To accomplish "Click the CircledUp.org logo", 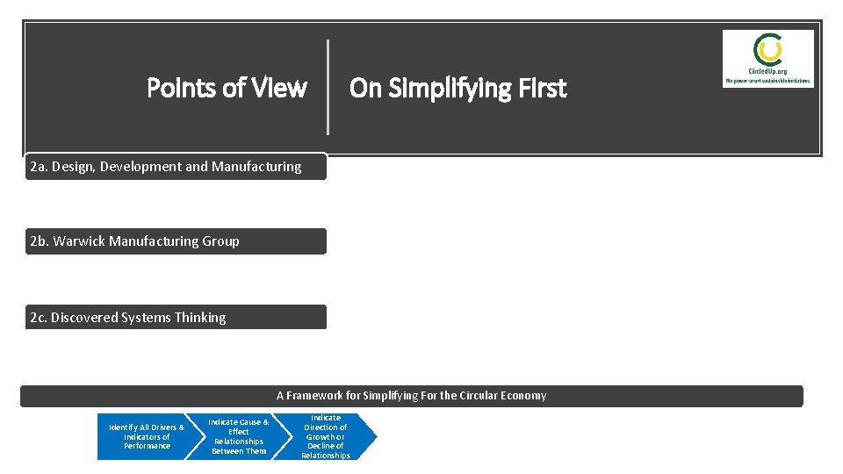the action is pos(767,58).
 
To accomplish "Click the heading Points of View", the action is pos(227,88).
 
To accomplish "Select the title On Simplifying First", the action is pos(458,88).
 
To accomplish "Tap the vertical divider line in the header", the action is pos(328,87).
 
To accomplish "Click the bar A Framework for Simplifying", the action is pos(411,396).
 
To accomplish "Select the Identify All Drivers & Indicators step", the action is pos(146,436).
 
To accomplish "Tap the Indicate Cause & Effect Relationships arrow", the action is pos(239,436).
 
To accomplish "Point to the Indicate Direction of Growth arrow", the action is pos(327,436).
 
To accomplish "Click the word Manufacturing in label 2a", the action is pos(256,166).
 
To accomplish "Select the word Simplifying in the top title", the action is pos(428,88).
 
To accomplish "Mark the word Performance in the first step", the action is pos(147,446).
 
